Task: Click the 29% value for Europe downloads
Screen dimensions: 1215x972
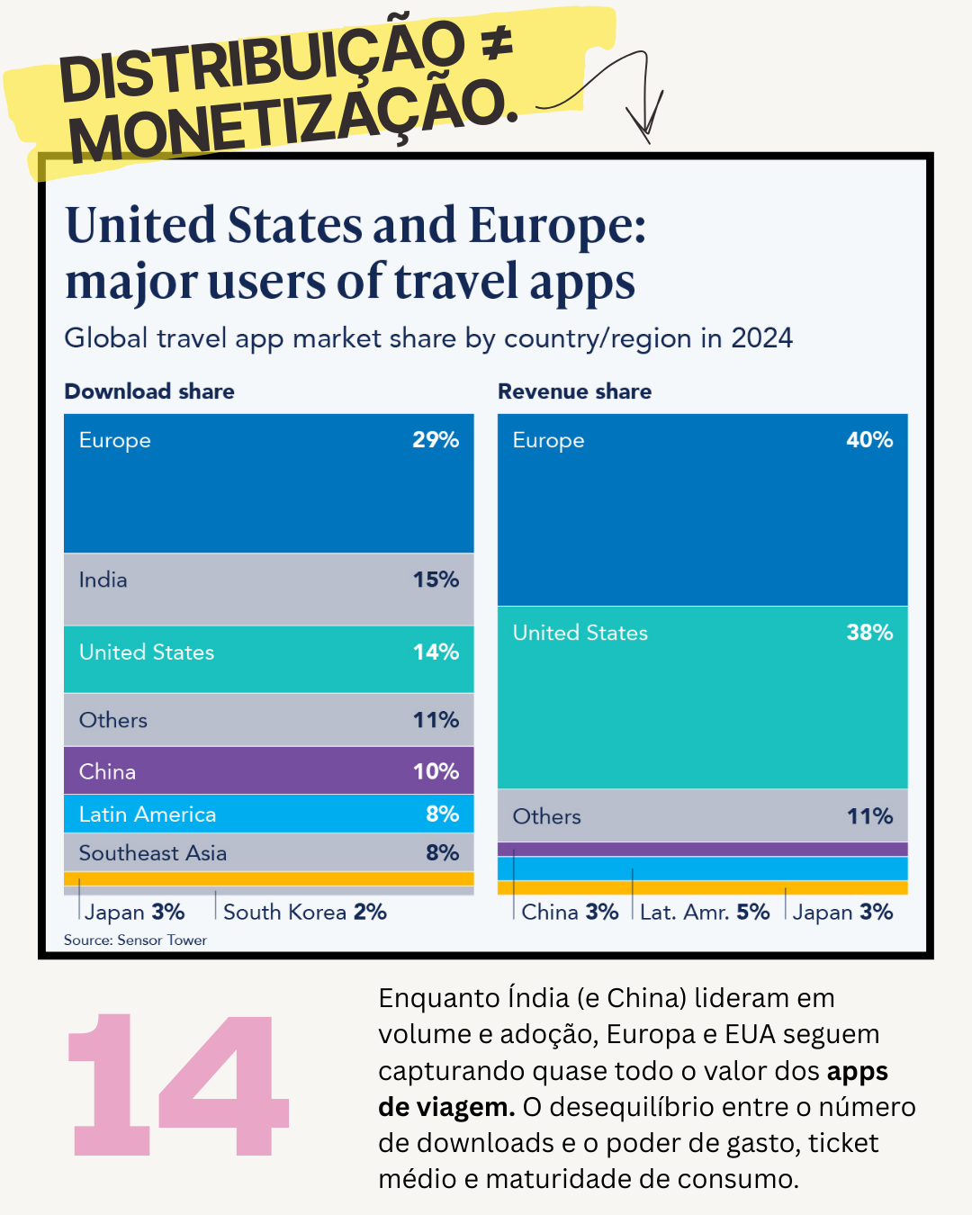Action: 436,440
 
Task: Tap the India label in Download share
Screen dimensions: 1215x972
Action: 103,580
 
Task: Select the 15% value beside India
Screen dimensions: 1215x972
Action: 436,580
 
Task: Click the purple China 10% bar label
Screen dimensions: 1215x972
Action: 107,771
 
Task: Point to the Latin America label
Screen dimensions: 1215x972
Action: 148,814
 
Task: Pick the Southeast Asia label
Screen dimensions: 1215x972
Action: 153,853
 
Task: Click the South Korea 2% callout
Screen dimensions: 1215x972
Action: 305,912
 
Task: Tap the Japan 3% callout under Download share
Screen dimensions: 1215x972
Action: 135,912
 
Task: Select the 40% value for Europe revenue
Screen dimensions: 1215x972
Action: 869,440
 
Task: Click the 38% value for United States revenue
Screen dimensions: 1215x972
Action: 869,633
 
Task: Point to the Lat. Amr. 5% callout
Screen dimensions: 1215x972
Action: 705,912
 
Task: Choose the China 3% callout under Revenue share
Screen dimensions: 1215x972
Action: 570,912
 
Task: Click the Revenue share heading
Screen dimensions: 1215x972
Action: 574,391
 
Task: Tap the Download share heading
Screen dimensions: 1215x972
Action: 149,391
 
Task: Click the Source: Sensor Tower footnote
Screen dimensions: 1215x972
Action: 135,940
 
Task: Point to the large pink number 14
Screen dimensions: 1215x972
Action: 178,1084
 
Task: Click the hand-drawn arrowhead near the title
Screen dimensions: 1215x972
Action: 644,121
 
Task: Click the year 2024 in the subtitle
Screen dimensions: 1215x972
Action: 761,338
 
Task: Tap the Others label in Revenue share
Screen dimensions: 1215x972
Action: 546,816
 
